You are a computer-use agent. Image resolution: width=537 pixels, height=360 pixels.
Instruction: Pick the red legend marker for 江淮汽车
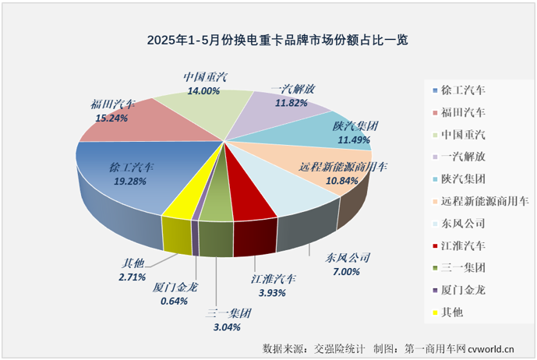coord(435,245)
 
